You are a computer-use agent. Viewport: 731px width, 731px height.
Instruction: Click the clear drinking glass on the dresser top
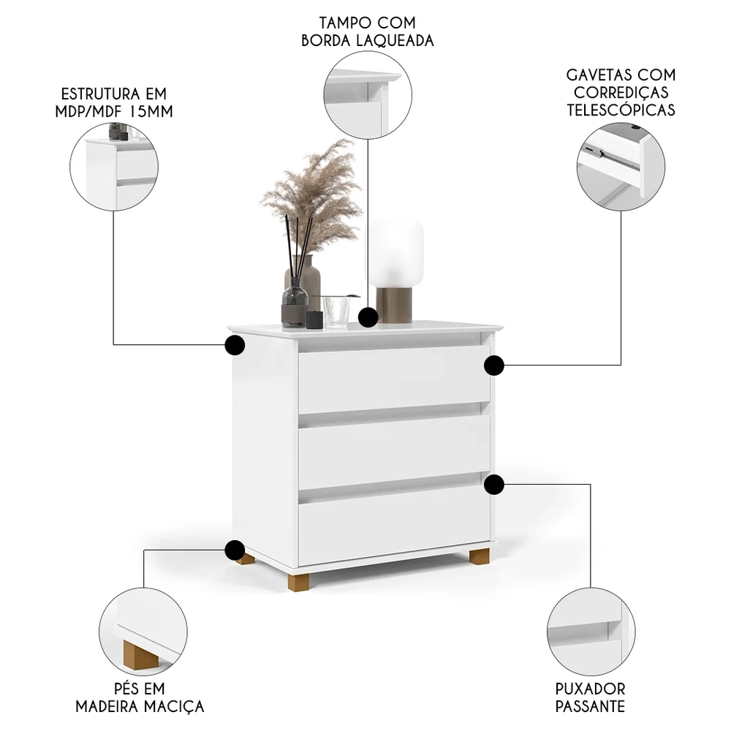(336, 310)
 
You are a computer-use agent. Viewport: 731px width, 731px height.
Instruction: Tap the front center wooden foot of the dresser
(298, 582)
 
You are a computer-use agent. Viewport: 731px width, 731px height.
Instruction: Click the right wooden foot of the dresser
(480, 556)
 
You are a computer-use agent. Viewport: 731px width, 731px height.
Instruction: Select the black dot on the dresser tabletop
(368, 317)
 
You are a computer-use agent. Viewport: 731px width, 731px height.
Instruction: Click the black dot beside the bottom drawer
(494, 483)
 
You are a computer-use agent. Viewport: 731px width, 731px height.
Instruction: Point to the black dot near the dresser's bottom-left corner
(235, 550)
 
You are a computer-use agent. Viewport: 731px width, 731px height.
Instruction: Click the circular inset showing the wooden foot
(143, 631)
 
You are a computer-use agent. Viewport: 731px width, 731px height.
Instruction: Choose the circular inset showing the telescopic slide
(621, 167)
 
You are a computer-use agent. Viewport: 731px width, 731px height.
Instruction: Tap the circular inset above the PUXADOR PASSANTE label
(591, 632)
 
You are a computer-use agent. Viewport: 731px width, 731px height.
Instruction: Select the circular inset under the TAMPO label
(368, 95)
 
